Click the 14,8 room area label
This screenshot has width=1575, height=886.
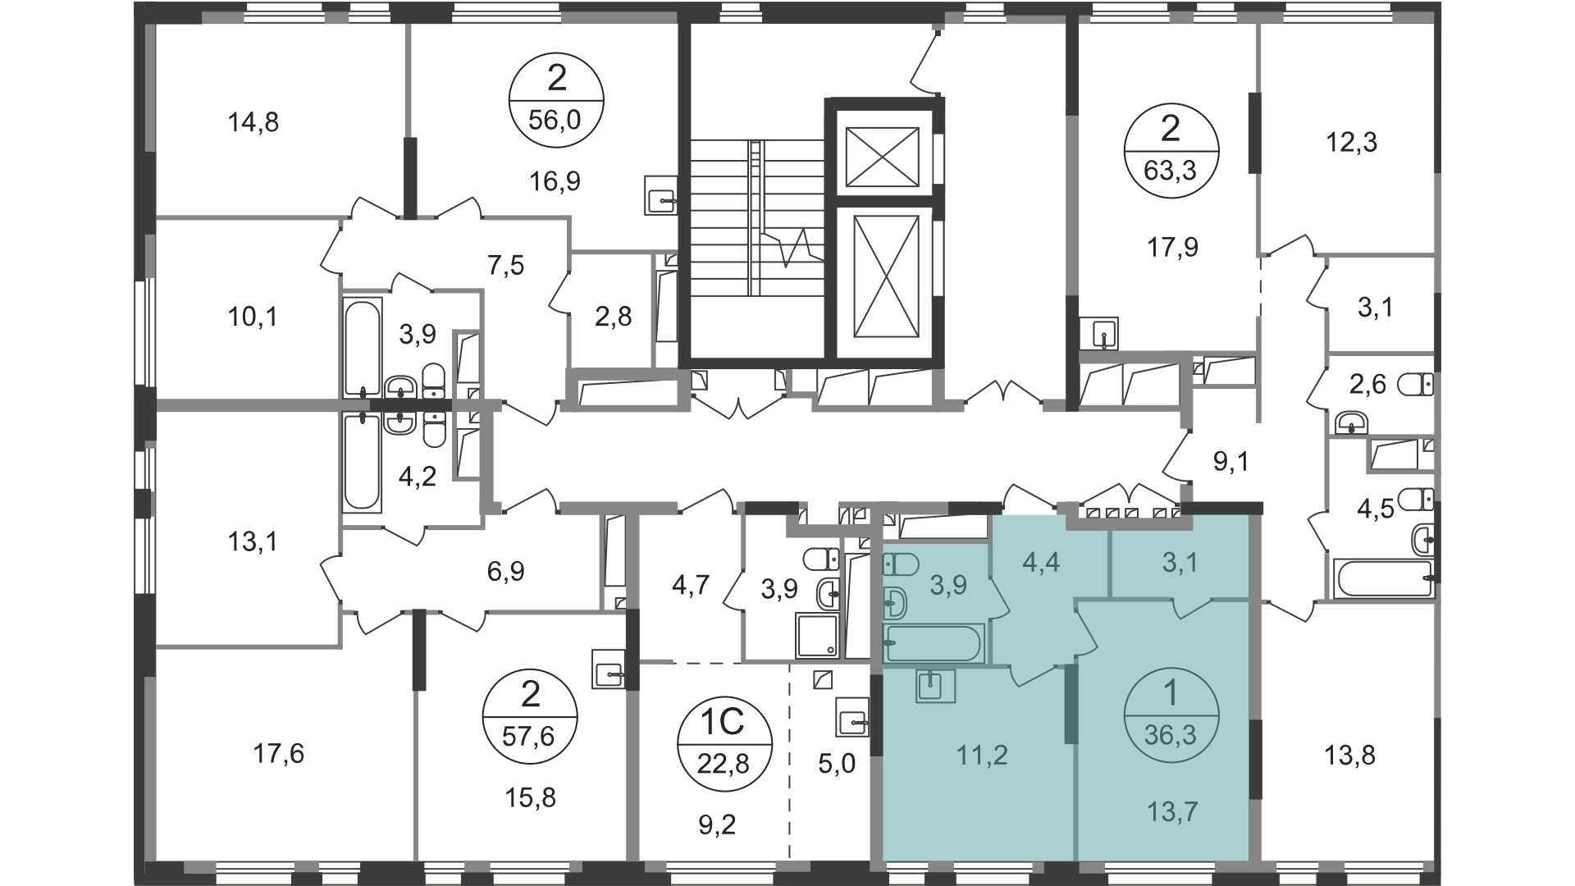[253, 123]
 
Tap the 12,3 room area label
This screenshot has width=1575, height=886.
[1352, 143]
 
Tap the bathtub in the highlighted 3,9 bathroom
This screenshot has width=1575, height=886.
[933, 643]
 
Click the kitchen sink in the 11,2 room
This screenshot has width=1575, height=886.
[935, 685]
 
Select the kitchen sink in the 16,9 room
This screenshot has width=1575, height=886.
[661, 195]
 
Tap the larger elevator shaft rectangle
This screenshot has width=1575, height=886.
[885, 276]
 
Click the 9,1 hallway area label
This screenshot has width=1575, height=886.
[1231, 462]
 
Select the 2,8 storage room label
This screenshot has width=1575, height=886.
[614, 316]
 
